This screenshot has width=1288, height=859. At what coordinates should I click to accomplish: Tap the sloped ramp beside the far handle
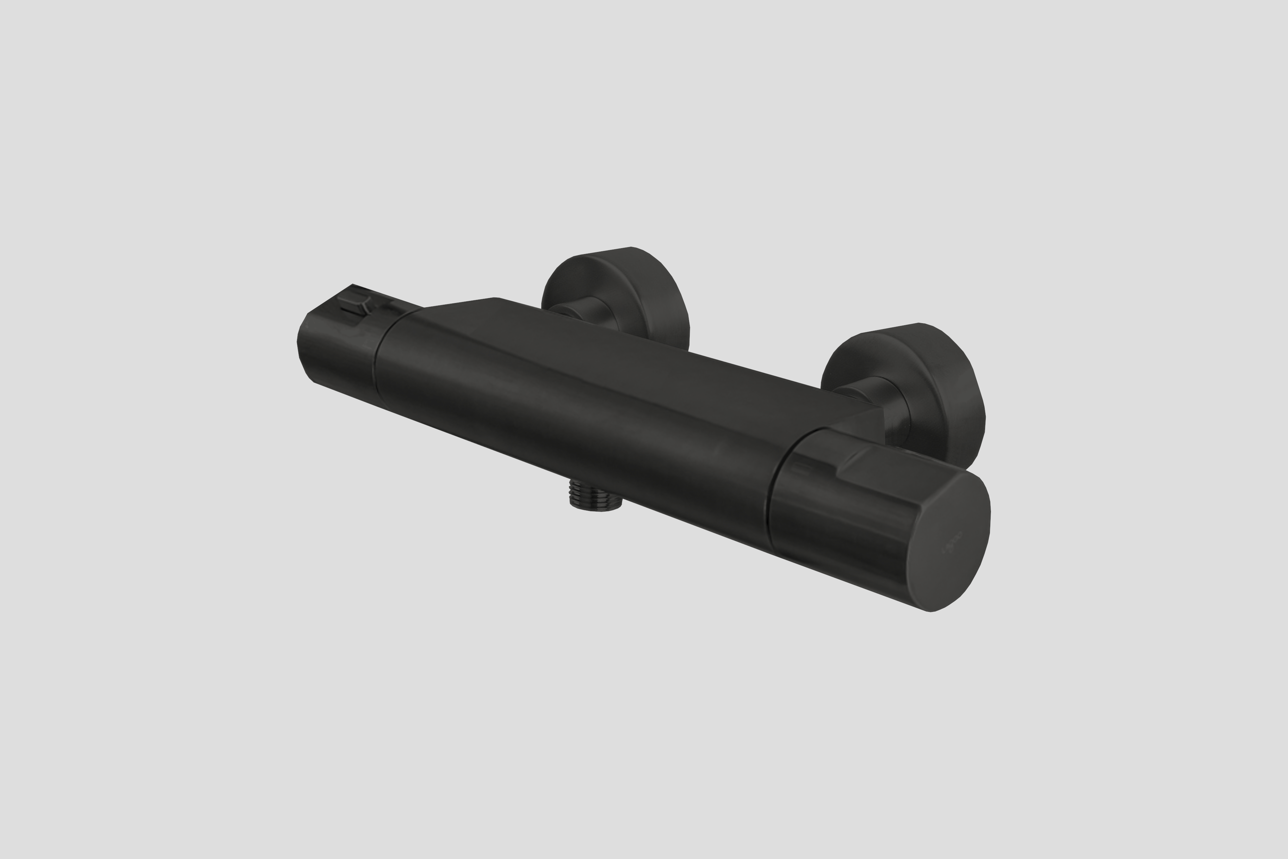pos(455,307)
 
